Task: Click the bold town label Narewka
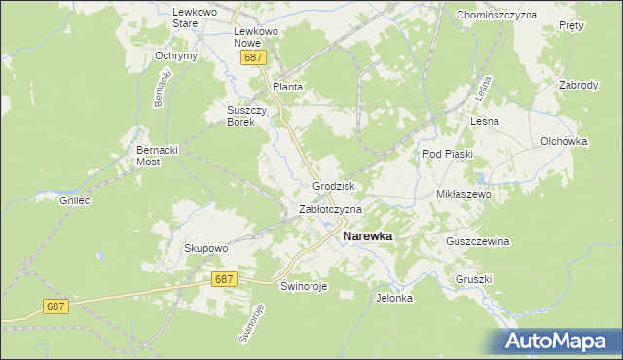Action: point(367,235)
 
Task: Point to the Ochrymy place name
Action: point(176,55)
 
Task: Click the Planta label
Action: point(287,87)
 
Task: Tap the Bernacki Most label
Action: point(161,158)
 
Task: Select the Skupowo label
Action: point(205,248)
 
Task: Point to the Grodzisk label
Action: point(333,185)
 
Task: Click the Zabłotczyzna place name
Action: point(330,209)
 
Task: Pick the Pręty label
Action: point(572,26)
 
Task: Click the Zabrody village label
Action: point(578,85)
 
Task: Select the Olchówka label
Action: point(565,141)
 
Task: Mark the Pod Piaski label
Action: point(447,154)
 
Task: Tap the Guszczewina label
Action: point(478,241)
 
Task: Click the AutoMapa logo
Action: point(559,342)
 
